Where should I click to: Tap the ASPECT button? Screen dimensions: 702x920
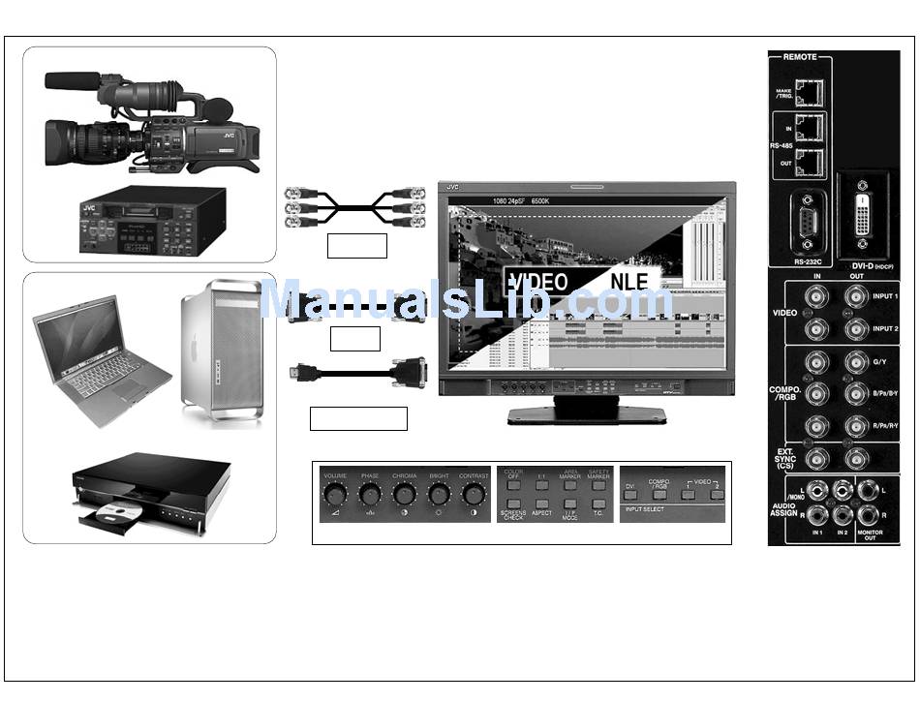(541, 504)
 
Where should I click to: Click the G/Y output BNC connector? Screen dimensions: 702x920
(855, 363)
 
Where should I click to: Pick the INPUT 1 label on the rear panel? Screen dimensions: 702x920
(885, 296)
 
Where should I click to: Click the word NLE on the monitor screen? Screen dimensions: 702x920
(633, 282)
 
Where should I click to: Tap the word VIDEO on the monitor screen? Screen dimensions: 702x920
(538, 282)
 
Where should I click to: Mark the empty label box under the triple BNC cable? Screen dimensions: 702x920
(356, 246)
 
